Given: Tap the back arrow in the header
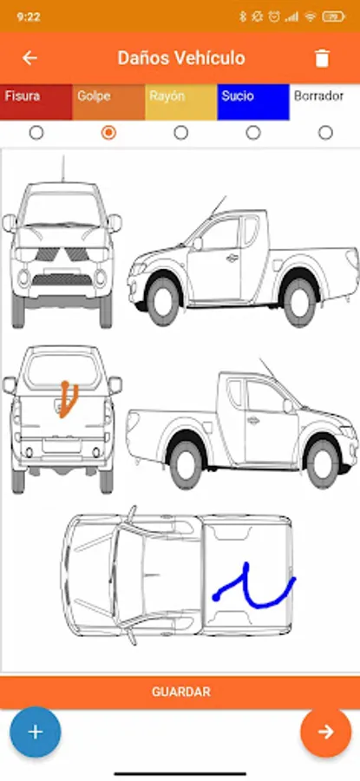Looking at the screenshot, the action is pos(29,58).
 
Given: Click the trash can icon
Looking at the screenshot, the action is pos(322,58).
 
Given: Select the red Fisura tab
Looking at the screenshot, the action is pos(36,102).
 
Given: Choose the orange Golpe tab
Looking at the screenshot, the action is pos(108,102).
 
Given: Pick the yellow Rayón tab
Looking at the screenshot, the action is pos(181,102).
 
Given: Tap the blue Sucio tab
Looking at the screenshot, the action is pos(253,102).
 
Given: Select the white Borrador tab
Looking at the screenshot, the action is pos(324,102).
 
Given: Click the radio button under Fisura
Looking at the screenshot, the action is pos(36,133).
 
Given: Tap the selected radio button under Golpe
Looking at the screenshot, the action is pos(108,133).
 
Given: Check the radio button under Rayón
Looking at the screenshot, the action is pos(181,133).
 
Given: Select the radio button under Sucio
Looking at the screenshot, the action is pos(253,133).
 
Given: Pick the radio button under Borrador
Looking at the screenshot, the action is pos(325,133).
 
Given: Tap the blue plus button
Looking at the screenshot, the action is pos(36,732).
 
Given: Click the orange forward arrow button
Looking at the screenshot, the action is pos(326,732).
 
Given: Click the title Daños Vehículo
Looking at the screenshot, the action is pos(181,58).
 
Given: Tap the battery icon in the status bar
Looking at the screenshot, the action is pos(333,17).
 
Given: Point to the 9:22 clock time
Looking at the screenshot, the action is pos(29,17).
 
